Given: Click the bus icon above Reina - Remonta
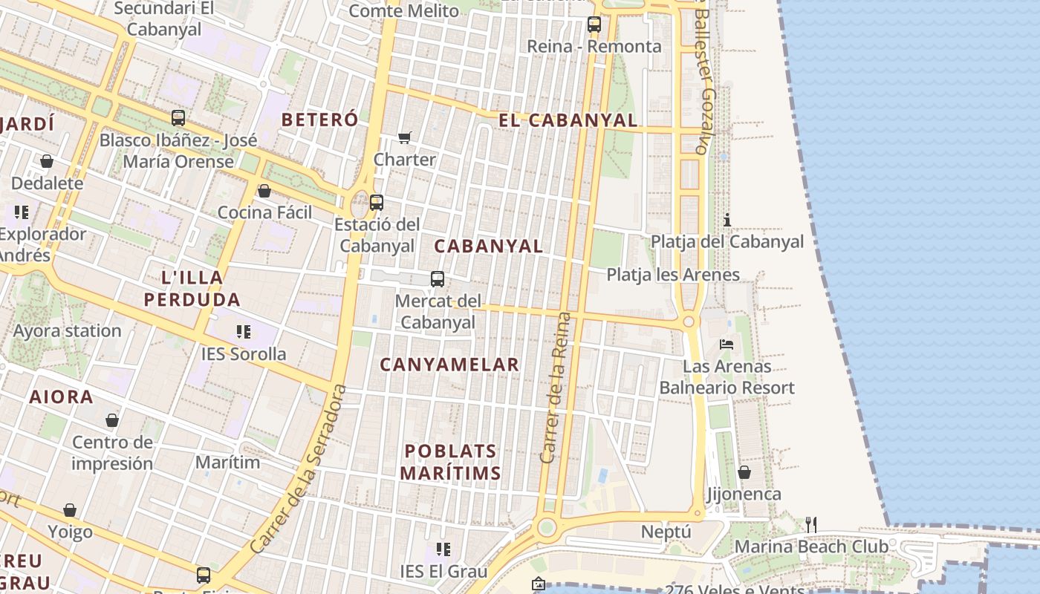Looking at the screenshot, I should tap(594, 24).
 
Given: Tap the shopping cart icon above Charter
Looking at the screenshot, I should tap(405, 137).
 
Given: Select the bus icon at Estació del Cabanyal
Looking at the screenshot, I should tap(377, 202).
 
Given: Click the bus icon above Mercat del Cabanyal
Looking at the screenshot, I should tap(438, 279).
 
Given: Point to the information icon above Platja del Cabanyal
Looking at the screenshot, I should tap(727, 220).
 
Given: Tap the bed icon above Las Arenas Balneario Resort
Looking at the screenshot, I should tap(727, 345).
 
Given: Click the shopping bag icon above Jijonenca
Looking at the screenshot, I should tap(744, 472).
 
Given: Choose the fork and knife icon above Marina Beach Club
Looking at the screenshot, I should tap(811, 525).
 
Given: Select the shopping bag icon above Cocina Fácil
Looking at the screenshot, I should tap(264, 191).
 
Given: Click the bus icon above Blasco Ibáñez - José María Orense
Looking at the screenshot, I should tap(178, 117).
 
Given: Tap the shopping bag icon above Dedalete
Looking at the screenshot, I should tap(47, 161).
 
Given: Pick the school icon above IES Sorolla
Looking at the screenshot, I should tap(244, 331).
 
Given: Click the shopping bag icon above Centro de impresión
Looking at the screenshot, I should tap(112, 421).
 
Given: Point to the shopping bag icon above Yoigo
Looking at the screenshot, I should tap(70, 510).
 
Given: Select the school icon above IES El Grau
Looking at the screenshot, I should tap(443, 549).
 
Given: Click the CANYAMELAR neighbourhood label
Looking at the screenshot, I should tap(449, 365).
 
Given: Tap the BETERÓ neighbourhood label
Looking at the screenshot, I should tap(319, 120).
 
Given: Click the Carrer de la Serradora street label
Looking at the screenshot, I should tap(299, 469).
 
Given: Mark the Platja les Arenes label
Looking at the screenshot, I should tap(673, 275).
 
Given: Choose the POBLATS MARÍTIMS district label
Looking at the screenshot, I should tap(450, 462).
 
